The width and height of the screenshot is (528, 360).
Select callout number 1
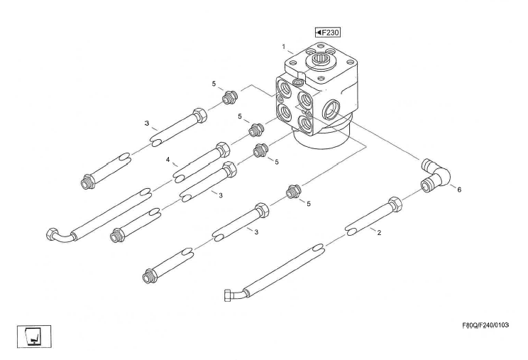[283, 48]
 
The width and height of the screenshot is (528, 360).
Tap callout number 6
[458, 190]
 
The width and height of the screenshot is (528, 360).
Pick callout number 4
[168, 160]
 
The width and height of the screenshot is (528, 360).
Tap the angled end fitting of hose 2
[234, 293]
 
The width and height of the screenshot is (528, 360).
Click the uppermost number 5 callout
[214, 84]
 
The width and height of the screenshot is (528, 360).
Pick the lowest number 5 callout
[309, 204]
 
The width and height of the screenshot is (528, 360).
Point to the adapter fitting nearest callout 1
[229, 97]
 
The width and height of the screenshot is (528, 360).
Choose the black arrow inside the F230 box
[321, 33]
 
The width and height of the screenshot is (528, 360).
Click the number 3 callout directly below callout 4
[221, 194]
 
